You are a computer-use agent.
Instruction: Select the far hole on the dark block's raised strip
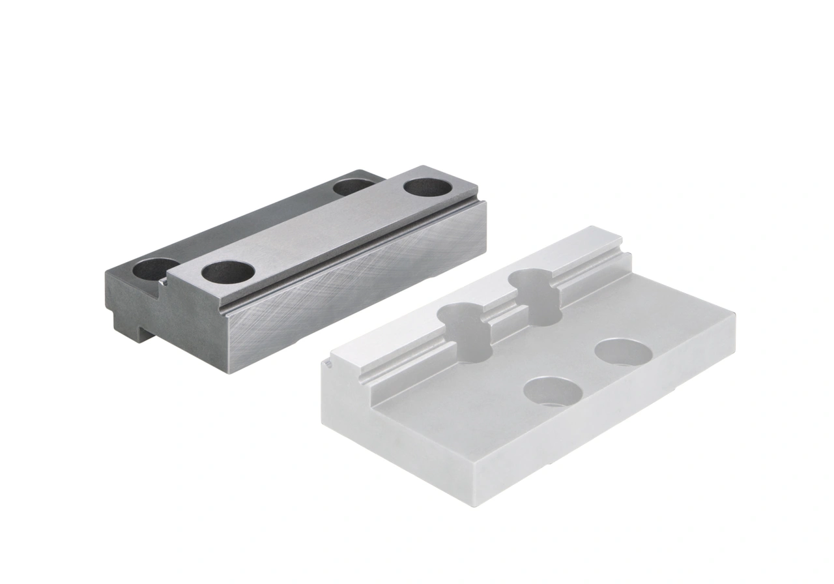(x=427, y=187)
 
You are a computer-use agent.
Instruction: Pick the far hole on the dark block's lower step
(x=352, y=186)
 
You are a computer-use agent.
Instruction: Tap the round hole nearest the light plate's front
(x=553, y=392)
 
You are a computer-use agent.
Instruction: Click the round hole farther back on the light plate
(x=624, y=353)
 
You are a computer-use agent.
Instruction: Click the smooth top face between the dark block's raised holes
(x=326, y=228)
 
